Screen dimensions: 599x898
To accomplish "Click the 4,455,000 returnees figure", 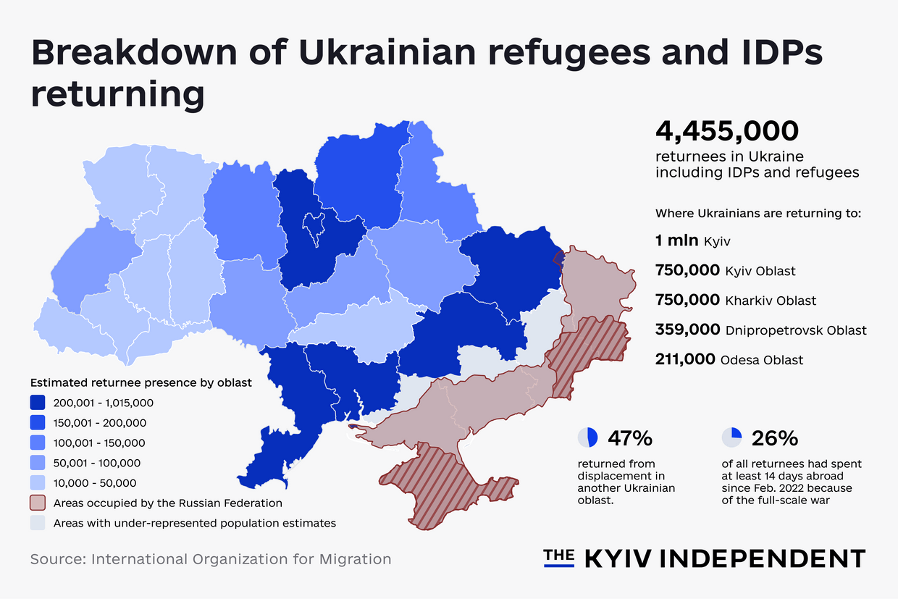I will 726,132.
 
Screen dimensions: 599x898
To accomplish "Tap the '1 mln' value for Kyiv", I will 677,240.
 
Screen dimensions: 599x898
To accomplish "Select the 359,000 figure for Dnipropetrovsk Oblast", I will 687,330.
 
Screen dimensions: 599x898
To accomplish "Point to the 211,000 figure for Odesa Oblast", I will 685,359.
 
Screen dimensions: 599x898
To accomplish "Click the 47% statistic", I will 630,438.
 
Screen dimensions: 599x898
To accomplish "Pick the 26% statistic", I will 775,438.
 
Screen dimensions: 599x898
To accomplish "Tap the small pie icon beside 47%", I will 588,437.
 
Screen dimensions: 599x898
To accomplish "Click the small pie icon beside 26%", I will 732,437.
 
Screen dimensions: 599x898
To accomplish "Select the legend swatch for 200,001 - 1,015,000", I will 38,403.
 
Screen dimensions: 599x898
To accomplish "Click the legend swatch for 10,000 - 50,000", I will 38,482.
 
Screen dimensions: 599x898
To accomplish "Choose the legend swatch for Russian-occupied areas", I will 38,503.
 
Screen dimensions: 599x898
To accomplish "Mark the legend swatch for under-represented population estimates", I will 38,523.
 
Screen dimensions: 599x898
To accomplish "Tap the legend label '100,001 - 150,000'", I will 98,443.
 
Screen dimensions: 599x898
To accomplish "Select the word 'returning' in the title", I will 117,95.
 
